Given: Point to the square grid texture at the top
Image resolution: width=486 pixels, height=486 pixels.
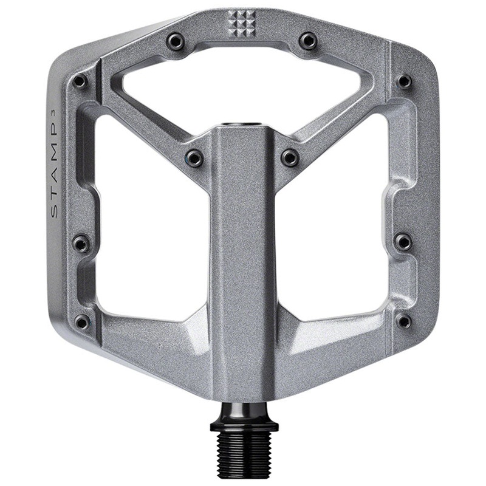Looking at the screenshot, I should click(242, 23).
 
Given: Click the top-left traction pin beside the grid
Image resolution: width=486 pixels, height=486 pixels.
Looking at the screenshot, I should click(176, 41).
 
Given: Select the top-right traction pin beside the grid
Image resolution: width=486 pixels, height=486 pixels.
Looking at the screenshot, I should click(308, 41).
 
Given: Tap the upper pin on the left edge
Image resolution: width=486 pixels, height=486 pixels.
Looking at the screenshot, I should click(80, 81).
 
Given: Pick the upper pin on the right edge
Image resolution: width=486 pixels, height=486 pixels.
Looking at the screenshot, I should click(404, 81).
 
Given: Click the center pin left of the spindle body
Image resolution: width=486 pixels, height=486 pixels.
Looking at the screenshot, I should click(194, 158).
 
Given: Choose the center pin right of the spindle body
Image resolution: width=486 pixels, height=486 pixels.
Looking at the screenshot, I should click(290, 158).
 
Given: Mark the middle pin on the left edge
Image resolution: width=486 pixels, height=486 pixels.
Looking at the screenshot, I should click(81, 244).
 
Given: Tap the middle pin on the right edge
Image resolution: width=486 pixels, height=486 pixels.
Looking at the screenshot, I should click(403, 242).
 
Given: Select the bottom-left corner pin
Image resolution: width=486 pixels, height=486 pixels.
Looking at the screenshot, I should click(82, 321).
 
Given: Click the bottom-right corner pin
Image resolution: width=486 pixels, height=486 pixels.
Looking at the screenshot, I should click(403, 321).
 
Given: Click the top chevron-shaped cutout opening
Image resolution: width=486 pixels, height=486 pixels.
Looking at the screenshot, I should click(242, 85).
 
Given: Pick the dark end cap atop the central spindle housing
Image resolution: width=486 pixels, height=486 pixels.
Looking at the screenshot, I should click(242, 125).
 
